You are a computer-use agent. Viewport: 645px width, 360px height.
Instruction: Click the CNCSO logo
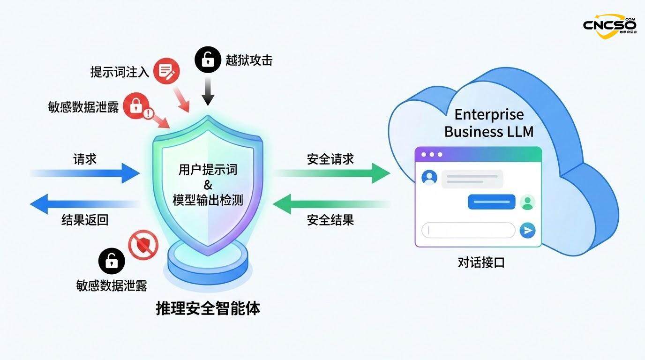[609, 24]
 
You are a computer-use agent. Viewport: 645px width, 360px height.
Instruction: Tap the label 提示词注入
[120, 72]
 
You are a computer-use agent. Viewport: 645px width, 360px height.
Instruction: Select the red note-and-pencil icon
[166, 71]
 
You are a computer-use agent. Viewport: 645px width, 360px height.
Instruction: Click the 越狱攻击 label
[249, 60]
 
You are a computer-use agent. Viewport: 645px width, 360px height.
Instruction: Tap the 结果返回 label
[85, 219]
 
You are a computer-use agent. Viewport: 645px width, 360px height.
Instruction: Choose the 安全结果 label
[330, 219]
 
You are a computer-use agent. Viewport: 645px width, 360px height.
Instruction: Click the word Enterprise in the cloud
[489, 114]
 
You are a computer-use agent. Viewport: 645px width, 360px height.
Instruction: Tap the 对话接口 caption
[481, 262]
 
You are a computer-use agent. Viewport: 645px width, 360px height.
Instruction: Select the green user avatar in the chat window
[527, 202]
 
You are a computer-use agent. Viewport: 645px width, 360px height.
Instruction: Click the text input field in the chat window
[468, 230]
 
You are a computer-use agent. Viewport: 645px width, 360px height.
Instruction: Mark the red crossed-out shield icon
[143, 244]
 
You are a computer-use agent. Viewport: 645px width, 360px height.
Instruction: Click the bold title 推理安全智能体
[208, 308]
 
